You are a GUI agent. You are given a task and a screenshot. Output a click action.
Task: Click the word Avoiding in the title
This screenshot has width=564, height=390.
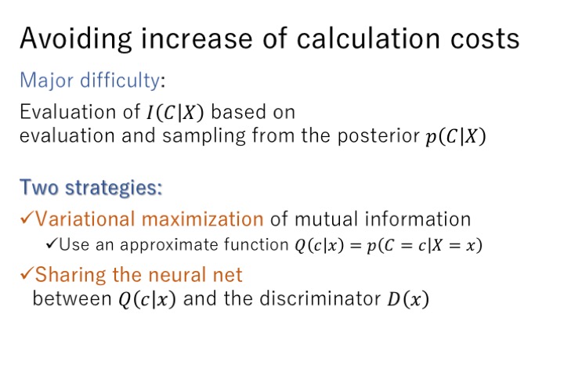tap(76, 38)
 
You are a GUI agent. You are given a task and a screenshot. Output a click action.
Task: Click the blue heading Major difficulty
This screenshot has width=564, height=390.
tap(89, 81)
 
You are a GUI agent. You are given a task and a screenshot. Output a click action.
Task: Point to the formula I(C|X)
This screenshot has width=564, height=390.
tap(175, 112)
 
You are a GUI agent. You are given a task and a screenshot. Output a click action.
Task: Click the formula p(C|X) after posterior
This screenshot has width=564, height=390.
tap(456, 136)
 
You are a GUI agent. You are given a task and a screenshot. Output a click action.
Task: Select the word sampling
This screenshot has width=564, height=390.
tap(204, 136)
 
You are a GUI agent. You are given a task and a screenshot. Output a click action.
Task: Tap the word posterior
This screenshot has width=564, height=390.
tap(378, 136)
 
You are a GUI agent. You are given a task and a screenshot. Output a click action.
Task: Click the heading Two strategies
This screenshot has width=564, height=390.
tap(91, 188)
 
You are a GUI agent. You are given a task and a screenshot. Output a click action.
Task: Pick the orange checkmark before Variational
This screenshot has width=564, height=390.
tap(27, 218)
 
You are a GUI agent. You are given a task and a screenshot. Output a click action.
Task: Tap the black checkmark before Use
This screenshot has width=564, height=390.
tap(52, 244)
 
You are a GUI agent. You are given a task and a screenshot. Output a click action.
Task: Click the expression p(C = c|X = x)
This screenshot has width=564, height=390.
tap(425, 246)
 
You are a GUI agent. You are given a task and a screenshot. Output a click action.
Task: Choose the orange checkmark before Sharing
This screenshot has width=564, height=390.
tap(27, 273)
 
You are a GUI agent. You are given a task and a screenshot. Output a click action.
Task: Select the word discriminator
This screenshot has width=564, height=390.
tap(320, 298)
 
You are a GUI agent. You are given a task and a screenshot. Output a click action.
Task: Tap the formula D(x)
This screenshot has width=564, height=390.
tap(408, 299)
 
